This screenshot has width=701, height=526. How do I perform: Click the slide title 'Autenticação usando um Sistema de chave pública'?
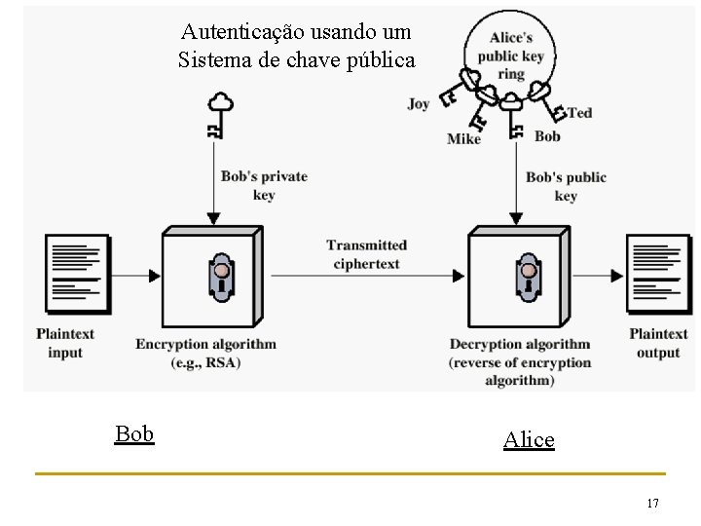(296, 46)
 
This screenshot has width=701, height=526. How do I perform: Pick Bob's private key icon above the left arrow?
(221, 115)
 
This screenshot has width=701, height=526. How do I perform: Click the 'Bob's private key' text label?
(264, 185)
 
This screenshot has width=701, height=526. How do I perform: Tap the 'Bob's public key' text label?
(566, 186)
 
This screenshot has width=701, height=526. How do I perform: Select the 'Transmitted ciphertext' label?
(366, 254)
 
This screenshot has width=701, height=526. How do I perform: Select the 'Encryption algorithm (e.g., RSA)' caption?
(205, 353)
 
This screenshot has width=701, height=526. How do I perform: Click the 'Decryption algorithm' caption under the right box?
(520, 361)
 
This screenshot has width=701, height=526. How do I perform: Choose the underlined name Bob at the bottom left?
(134, 433)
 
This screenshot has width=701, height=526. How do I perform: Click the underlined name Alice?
(529, 439)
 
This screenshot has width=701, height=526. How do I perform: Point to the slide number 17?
(652, 503)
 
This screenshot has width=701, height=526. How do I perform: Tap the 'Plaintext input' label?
(65, 343)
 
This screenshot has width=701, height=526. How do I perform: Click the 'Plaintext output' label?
(658, 343)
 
